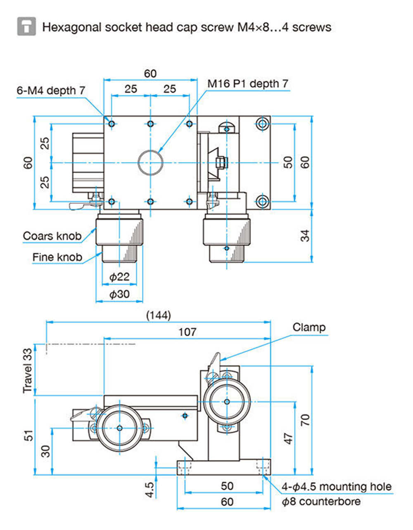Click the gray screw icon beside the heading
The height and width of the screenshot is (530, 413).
26,26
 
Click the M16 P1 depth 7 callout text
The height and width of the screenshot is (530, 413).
248,84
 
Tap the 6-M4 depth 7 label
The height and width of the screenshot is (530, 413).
51,91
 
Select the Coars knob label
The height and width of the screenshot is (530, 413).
52,236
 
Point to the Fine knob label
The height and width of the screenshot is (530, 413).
57,257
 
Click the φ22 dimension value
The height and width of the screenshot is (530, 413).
119,277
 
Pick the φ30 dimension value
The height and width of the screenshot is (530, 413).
119,294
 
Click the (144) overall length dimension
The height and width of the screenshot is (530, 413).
159,315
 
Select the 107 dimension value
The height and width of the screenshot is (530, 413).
187,332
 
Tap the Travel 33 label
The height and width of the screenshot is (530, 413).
28,371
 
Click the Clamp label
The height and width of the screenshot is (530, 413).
309,328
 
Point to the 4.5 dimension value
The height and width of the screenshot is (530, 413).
150,490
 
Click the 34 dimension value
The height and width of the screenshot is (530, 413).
305,235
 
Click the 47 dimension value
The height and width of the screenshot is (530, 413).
288,439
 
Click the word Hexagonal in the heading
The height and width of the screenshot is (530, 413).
72,27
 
